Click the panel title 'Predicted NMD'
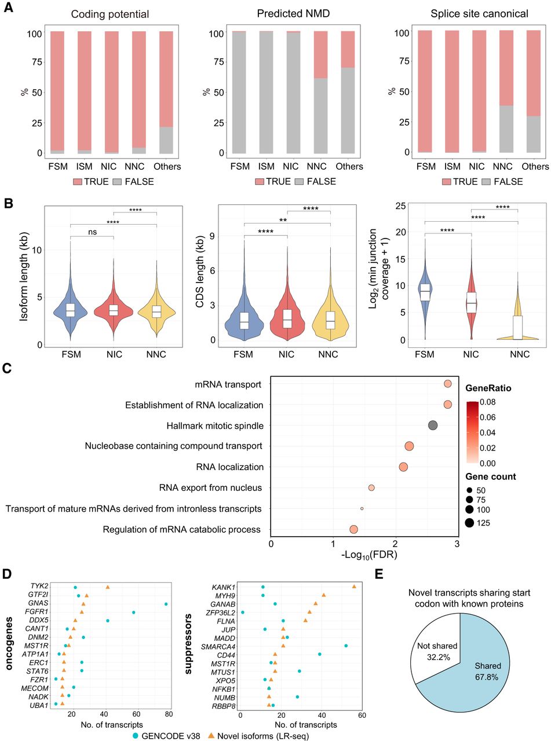(x=293, y=13)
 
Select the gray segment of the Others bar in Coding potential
(x=166, y=140)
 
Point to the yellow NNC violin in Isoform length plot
(x=156, y=311)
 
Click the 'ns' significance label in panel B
(x=93, y=232)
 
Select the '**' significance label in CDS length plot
(x=283, y=220)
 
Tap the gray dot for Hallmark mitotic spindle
(x=433, y=425)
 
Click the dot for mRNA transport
(x=448, y=384)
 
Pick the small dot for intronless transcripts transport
(x=362, y=508)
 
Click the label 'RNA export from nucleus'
(x=210, y=488)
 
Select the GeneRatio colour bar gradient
(x=472, y=432)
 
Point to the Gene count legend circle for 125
(x=469, y=523)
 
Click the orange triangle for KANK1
(x=354, y=586)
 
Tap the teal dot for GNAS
(x=166, y=604)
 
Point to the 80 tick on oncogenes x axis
(x=169, y=714)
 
